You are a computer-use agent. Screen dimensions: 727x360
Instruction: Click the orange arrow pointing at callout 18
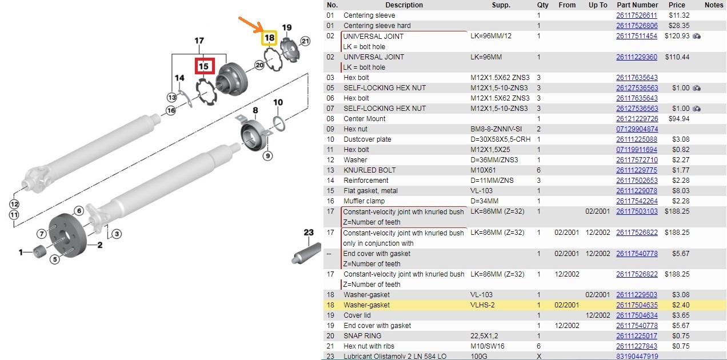(250, 24)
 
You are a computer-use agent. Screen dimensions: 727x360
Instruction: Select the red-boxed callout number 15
(205, 66)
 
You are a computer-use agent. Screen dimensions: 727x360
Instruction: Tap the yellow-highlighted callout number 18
(269, 38)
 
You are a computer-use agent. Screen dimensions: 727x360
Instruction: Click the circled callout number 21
(305, 41)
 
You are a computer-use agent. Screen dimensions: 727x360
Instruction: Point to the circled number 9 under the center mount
(267, 156)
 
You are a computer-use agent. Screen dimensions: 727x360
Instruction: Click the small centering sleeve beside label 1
(40, 251)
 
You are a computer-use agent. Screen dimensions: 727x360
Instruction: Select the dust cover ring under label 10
(279, 124)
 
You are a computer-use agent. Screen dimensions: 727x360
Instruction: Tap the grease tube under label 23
(306, 254)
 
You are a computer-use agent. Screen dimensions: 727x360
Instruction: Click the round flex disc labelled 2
(67, 235)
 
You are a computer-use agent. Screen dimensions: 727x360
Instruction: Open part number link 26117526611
(637, 15)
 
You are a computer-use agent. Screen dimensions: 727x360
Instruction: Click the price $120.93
(677, 35)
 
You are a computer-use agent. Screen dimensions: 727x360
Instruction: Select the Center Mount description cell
(365, 119)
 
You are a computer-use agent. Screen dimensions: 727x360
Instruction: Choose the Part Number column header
(637, 5)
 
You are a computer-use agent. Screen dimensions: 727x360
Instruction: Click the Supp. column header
(501, 5)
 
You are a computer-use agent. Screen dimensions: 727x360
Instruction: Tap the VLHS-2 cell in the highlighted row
(482, 305)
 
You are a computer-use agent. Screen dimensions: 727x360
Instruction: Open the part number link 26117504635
(637, 305)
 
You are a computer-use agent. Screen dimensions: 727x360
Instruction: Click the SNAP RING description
(362, 336)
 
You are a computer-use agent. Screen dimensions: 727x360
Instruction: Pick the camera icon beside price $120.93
(697, 36)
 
